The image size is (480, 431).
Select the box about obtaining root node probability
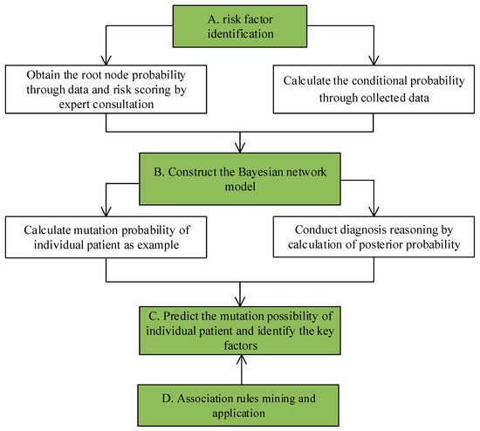(106, 89)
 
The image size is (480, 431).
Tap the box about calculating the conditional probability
(375, 89)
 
